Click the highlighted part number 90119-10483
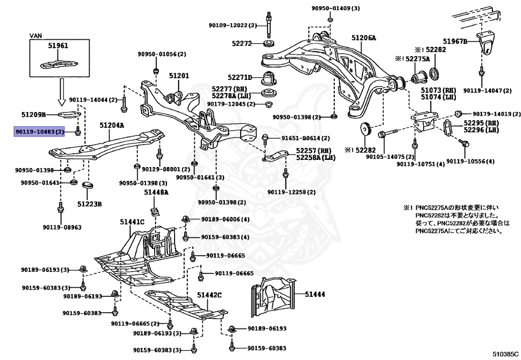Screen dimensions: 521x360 pyautogui.click(x=39, y=132)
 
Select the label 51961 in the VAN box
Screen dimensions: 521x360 pyautogui.click(x=58, y=45)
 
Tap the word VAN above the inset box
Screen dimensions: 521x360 pyautogui.click(x=36, y=36)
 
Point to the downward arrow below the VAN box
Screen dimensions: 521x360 pyautogui.click(x=61, y=92)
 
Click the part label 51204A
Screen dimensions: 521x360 pyautogui.click(x=112, y=125)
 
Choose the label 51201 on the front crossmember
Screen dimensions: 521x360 pyautogui.click(x=179, y=76)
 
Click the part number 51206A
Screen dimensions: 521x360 pyautogui.click(x=364, y=38)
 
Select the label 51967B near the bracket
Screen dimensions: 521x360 pyautogui.click(x=455, y=41)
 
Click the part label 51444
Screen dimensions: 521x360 pyautogui.click(x=315, y=294)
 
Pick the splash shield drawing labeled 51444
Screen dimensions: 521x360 pyautogui.click(x=273, y=296)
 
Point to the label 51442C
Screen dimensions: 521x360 pyautogui.click(x=209, y=295)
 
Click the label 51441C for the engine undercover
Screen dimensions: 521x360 pyautogui.click(x=132, y=221)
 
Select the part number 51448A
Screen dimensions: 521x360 pyautogui.click(x=156, y=192)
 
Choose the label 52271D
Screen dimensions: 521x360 pyautogui.click(x=240, y=77)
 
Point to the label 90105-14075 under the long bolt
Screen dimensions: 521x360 pyautogui.click(x=390, y=157)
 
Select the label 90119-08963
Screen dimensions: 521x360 pyautogui.click(x=62, y=228)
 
